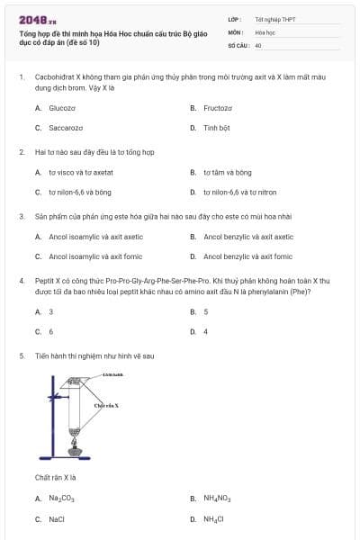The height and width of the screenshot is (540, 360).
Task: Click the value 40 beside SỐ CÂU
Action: [x=258, y=44]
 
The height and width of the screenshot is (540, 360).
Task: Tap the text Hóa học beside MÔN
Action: [x=264, y=31]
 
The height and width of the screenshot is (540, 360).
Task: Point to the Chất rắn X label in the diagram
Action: [x=106, y=406]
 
